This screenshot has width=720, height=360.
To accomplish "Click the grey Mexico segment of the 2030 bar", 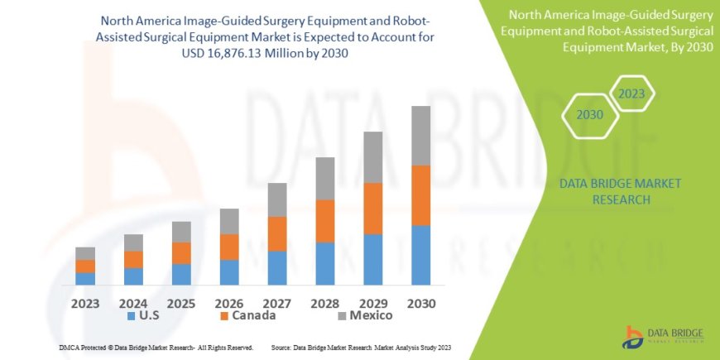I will (421, 136).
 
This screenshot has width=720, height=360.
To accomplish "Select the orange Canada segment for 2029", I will (373, 209).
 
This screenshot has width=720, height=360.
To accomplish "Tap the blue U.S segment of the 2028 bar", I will (325, 263).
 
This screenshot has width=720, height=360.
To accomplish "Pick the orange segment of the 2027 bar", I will (277, 233).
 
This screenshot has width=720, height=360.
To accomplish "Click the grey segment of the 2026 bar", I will (229, 221).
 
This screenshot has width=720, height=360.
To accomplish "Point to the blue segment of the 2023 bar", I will (85, 278).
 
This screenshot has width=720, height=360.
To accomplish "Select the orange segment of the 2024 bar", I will (133, 259).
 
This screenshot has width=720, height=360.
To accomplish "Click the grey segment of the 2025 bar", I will (181, 232).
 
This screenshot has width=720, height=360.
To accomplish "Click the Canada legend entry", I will (247, 315).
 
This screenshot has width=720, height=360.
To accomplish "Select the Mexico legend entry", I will (364, 315).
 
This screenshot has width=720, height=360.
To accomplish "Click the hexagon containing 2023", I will (631, 94).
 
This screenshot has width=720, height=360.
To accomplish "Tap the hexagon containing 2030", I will (589, 115).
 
